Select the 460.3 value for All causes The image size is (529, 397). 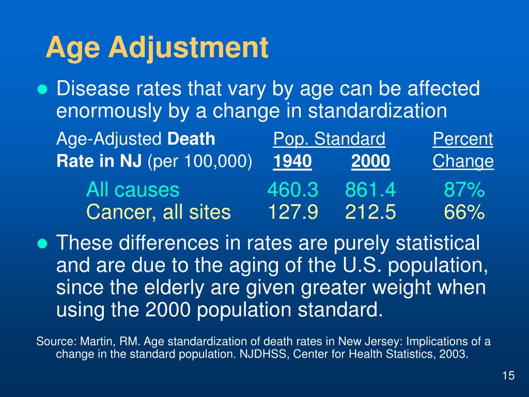pyautogui.click(x=292, y=191)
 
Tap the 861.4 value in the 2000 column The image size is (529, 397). pyautogui.click(x=370, y=191)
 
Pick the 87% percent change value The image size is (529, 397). pyautogui.click(x=464, y=191)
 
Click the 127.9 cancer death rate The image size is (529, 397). pyautogui.click(x=292, y=212)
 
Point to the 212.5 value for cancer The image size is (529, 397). pyautogui.click(x=370, y=212)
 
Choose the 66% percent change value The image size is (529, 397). pyautogui.click(x=464, y=212)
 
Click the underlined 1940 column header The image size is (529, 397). pyautogui.click(x=292, y=162)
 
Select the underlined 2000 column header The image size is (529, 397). pyautogui.click(x=370, y=162)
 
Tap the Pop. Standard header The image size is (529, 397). pyautogui.click(x=329, y=139)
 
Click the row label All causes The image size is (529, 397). pyautogui.click(x=133, y=191)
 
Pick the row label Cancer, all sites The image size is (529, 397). pyautogui.click(x=159, y=212)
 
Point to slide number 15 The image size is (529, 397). pyautogui.click(x=508, y=376)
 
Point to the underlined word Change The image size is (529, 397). pyautogui.click(x=463, y=162)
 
